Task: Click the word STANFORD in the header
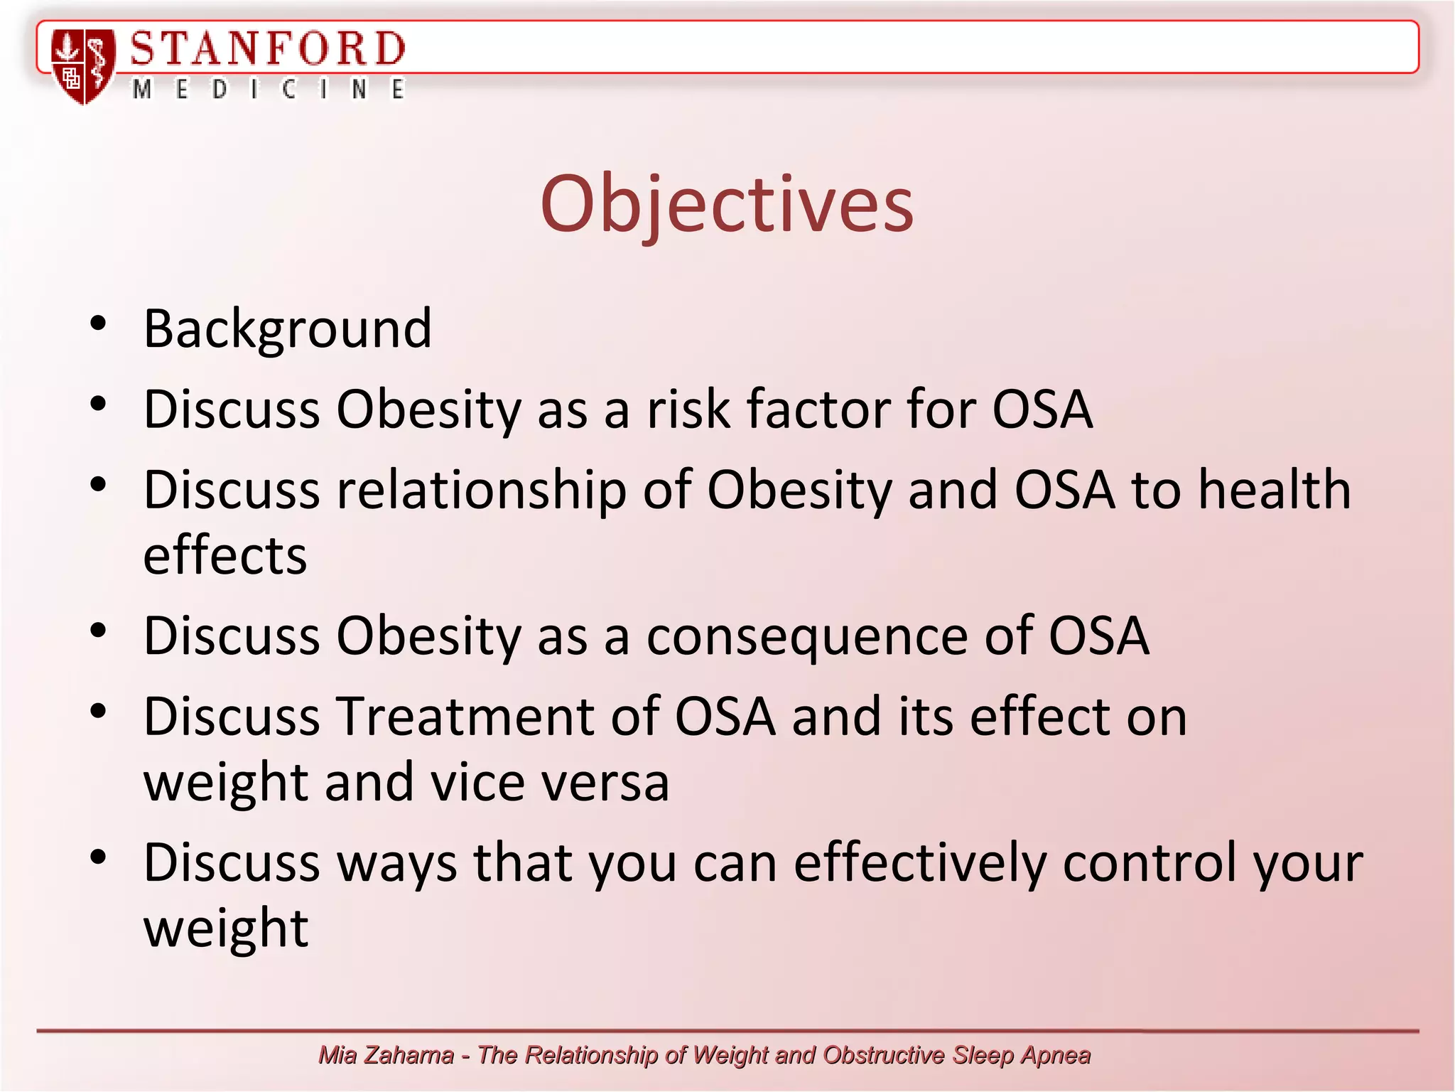(267, 49)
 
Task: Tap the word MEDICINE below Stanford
(269, 90)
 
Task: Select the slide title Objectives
(727, 204)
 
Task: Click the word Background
(288, 328)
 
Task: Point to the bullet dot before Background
(98, 323)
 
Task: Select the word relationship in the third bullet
(481, 490)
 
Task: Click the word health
(1275, 490)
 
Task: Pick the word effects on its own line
(225, 555)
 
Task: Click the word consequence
(806, 636)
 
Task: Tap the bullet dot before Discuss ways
(98, 857)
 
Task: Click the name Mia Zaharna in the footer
(386, 1055)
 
